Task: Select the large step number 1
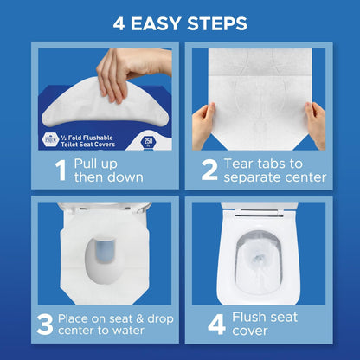click(x=60, y=170)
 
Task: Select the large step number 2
click(x=209, y=170)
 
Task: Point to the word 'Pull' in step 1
click(x=90, y=162)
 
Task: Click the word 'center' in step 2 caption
click(x=303, y=177)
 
